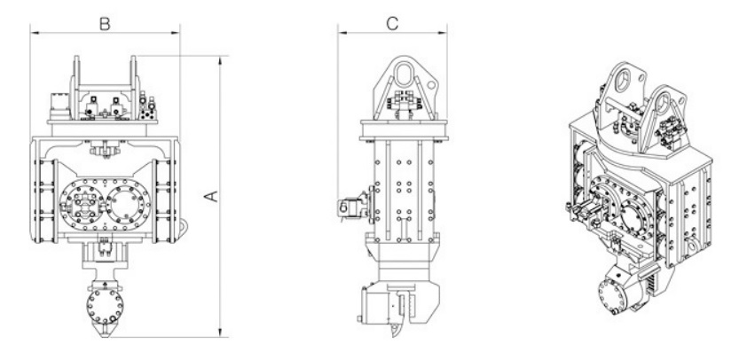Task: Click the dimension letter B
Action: [x=105, y=24]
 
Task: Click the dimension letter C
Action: [x=392, y=24]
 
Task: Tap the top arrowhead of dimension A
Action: [x=220, y=60]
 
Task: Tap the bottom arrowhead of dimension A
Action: [x=220, y=333]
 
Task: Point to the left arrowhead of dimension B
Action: [x=35, y=33]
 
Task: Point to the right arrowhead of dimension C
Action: [x=442, y=33]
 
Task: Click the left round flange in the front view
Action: [x=84, y=205]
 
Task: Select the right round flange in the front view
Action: [x=125, y=205]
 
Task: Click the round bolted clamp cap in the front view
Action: [x=105, y=307]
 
